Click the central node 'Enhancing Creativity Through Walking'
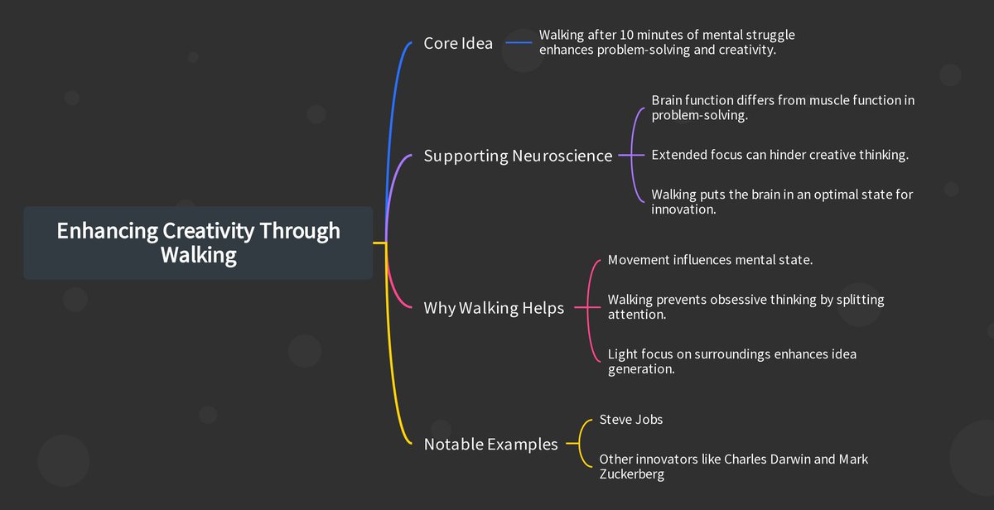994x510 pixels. tap(198, 243)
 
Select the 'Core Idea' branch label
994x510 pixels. tap(458, 43)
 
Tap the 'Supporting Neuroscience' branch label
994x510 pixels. tap(518, 156)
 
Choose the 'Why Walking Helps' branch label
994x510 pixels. tap(494, 308)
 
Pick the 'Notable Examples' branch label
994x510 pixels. tap(490, 444)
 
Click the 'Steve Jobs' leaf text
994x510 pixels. tap(630, 419)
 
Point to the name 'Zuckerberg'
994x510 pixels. tap(631, 474)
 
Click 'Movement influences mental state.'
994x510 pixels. tap(710, 260)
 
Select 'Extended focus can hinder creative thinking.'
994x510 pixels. tap(779, 155)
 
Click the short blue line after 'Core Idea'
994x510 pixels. tap(519, 43)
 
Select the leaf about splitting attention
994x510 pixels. tap(745, 307)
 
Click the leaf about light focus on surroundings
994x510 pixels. tap(731, 361)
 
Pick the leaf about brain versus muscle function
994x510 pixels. tap(782, 108)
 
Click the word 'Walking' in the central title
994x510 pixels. tap(198, 255)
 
